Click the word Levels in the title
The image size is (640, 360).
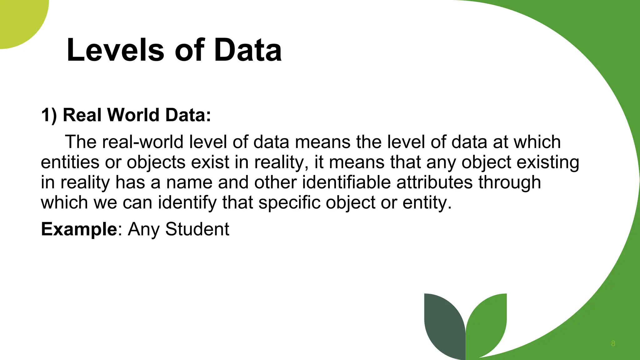[x=115, y=50]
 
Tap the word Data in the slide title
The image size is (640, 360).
[x=248, y=50]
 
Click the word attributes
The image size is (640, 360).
[x=434, y=182]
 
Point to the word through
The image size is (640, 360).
[x=509, y=182]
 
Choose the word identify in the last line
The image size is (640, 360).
[x=187, y=202]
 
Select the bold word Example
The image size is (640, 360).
[x=79, y=229]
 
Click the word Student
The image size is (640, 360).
[x=197, y=229]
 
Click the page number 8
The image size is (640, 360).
[x=613, y=343]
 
